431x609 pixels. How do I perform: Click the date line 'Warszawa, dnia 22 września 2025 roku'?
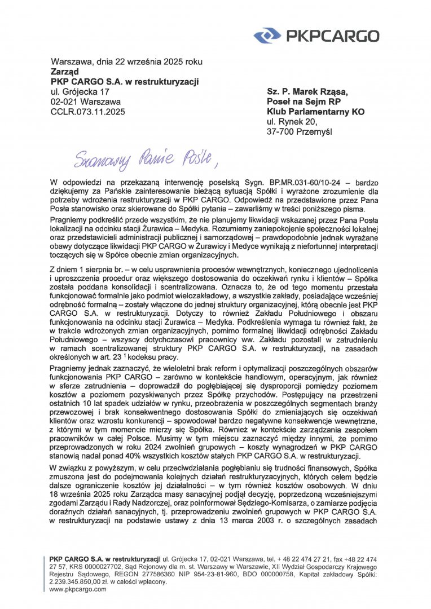126,61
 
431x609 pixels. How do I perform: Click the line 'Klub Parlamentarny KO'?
315,112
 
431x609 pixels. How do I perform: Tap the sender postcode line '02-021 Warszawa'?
86,102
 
